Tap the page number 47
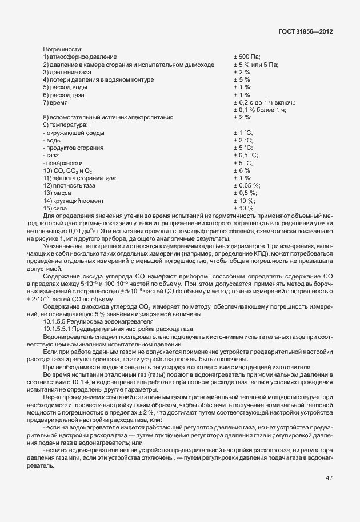pos(329,478)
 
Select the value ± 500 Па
pos(247,57)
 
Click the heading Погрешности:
pos(63,49)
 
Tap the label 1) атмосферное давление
pos(80,57)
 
